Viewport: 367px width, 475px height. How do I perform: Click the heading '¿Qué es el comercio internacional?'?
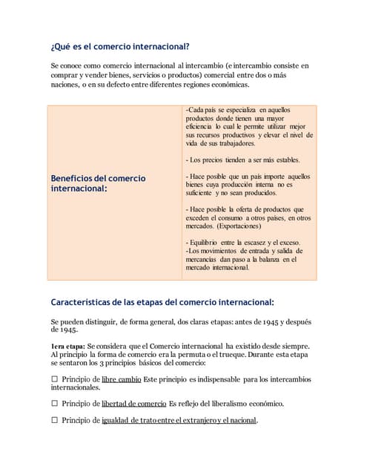(x=120, y=46)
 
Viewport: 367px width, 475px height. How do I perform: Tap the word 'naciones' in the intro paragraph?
(x=65, y=85)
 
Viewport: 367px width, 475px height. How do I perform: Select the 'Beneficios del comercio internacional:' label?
(x=98, y=183)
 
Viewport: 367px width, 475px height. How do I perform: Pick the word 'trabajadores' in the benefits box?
(x=231, y=144)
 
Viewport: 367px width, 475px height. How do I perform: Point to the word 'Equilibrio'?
(x=212, y=243)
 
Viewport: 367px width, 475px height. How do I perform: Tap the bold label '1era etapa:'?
(x=67, y=346)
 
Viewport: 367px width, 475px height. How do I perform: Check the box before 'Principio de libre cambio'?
(x=54, y=379)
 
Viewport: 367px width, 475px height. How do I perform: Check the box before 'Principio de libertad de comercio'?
(x=54, y=404)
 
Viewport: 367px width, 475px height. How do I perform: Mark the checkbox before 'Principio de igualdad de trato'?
(x=54, y=420)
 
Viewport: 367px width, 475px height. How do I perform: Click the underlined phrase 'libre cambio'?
(x=121, y=379)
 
